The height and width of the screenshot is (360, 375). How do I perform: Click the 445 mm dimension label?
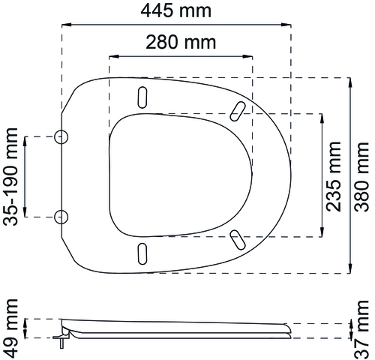click(175, 10)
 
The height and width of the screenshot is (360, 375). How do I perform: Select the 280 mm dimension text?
click(181, 42)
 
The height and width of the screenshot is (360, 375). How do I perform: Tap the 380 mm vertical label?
click(362, 177)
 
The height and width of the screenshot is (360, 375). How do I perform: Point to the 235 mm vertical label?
click(334, 176)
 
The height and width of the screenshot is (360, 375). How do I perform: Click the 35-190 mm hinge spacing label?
click(10, 177)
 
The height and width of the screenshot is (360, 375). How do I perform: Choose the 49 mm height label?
click(10, 328)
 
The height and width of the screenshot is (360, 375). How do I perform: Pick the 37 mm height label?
click(362, 329)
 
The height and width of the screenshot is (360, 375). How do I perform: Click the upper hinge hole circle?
click(61, 137)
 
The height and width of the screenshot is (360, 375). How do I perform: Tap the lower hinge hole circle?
click(61, 217)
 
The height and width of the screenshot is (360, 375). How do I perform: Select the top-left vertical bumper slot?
click(142, 97)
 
